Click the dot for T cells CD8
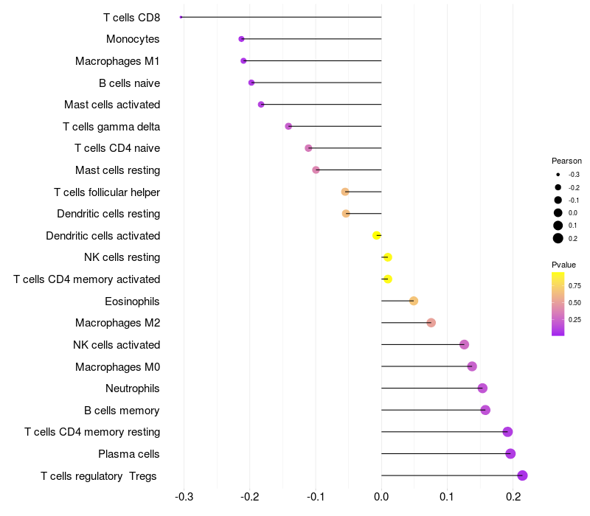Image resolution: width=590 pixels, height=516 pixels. tap(181, 17)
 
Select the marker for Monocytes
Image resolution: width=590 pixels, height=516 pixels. tap(241, 39)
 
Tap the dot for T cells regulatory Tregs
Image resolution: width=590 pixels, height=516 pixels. tap(522, 475)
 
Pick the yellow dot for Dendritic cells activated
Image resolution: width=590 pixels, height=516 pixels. tap(377, 236)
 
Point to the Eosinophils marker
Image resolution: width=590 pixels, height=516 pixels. tap(414, 301)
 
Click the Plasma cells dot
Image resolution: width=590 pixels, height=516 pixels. tap(510, 454)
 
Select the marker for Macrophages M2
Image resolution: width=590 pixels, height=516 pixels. tap(431, 323)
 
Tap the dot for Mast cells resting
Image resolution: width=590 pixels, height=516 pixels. tap(316, 170)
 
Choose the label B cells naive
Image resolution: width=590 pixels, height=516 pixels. tap(129, 83)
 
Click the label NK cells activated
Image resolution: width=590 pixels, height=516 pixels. tap(117, 345)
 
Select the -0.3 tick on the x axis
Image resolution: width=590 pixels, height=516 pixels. tap(184, 497)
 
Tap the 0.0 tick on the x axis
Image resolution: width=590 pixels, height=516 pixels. tap(381, 497)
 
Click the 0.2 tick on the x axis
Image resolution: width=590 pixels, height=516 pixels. tap(513, 497)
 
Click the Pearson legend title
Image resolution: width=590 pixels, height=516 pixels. tap(566, 161)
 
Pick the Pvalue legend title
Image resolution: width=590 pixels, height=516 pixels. tap(563, 265)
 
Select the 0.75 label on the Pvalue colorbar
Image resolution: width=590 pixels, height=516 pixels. tap(575, 285)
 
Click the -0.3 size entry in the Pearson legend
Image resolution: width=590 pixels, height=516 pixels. tap(558, 175)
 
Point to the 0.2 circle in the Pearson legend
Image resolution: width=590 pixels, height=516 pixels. tap(558, 238)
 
